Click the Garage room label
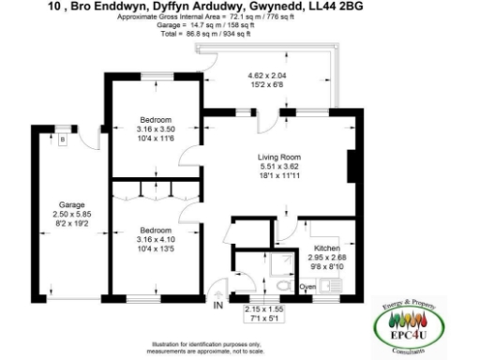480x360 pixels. [x=72, y=203]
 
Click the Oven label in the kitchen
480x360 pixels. [x=307, y=287]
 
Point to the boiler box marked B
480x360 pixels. [x=62, y=141]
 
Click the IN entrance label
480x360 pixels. [x=217, y=306]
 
